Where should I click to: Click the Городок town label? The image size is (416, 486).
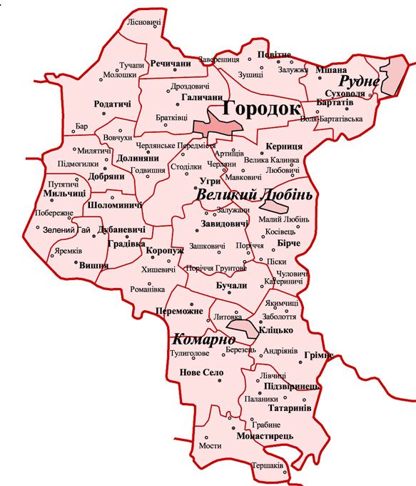[x=263, y=109]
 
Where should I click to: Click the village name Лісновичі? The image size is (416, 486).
[x=143, y=22]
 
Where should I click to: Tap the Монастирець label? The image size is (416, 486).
[x=263, y=432]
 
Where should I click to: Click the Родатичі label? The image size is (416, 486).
[x=113, y=104]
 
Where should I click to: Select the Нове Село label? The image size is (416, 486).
[x=201, y=372]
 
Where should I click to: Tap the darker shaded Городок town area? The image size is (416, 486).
[x=218, y=127]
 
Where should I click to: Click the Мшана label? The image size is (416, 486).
[x=330, y=70]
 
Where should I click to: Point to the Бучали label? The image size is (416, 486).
[x=230, y=285]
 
